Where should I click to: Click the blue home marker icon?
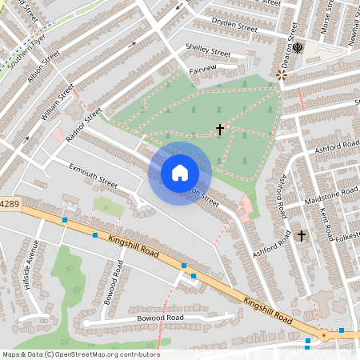coord(180,173)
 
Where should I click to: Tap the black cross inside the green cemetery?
coord(220,129)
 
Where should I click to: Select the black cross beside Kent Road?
coord(302,235)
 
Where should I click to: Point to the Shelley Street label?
coord(208,50)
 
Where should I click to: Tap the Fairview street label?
coord(203,70)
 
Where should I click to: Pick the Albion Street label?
coord(44,69)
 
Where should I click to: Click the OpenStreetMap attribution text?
coord(81,354)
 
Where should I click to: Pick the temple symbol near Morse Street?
coord(298,47)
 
